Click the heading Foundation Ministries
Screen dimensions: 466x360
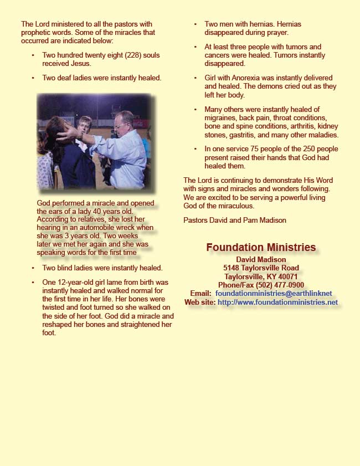pos(261,248)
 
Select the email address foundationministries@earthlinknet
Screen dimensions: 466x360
pos(276,293)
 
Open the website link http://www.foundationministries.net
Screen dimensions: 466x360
pos(277,303)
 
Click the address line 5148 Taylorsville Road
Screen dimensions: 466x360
pos(261,268)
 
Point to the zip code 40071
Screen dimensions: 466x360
pos(287,276)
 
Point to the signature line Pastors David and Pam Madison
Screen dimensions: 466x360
pos(235,220)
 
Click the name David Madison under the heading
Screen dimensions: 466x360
pos(261,259)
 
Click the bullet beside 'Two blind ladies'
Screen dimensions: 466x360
pos(33,268)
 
